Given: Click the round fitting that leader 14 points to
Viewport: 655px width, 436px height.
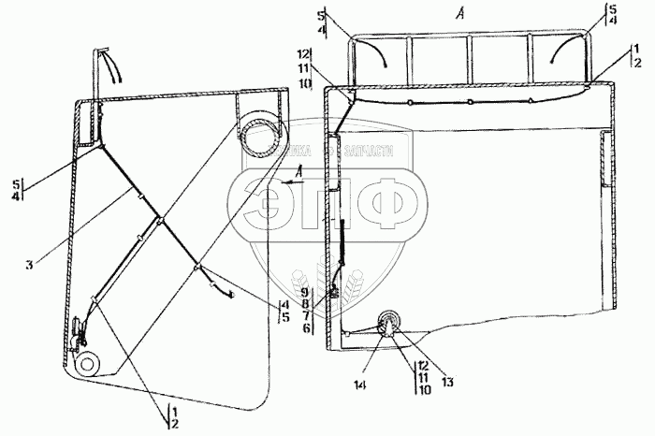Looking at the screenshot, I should [388, 327].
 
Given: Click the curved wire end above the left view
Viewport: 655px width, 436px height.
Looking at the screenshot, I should [113, 67].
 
